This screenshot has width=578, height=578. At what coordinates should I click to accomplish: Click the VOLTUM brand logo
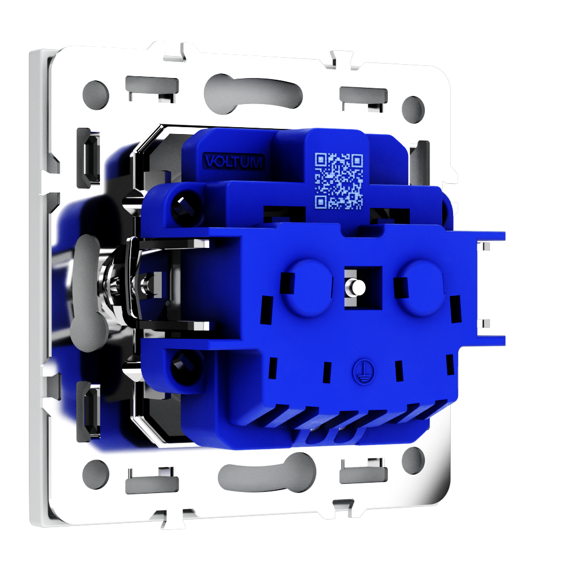pyautogui.click(x=234, y=162)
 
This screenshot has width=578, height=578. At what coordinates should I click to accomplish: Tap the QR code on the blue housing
pyautogui.click(x=339, y=180)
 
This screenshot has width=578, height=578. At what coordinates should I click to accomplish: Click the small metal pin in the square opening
pyautogui.click(x=357, y=287)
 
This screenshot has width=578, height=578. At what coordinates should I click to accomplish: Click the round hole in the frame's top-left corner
pyautogui.click(x=96, y=95)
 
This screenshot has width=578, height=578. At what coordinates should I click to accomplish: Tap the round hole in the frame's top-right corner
pyautogui.click(x=413, y=110)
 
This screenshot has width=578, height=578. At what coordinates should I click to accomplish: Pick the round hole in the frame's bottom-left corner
pyautogui.click(x=96, y=475)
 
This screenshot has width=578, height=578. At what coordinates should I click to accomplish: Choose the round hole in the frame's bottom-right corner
pyautogui.click(x=413, y=461)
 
